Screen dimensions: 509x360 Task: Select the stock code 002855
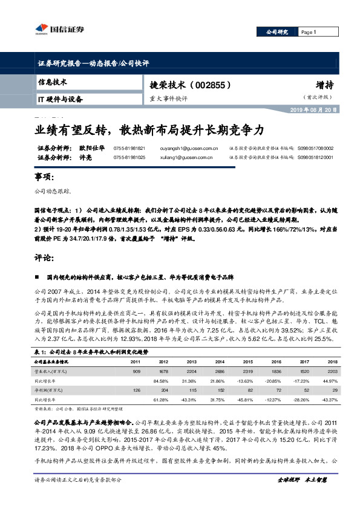pyautogui.click(x=211, y=86)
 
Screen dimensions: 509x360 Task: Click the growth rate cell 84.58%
pyautogui.click(x=161, y=381)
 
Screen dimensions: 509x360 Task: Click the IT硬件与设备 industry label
pyautogui.click(x=61, y=99)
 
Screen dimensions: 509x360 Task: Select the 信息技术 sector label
pyautogui.click(x=53, y=82)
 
